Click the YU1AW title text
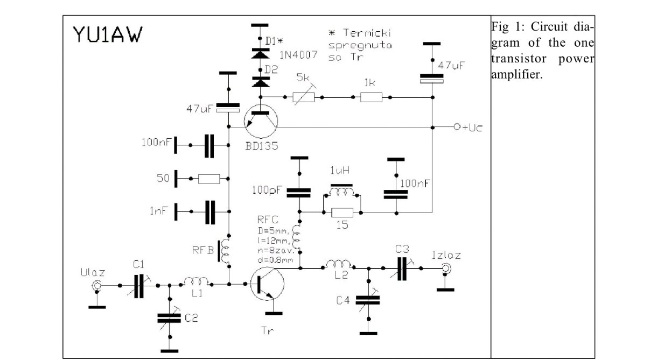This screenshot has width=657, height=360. point(108,36)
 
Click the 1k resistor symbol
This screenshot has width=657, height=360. point(371,97)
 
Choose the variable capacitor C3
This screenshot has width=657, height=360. point(402,267)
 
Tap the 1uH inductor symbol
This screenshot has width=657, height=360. point(342,191)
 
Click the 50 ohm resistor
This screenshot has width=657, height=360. point(208,178)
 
